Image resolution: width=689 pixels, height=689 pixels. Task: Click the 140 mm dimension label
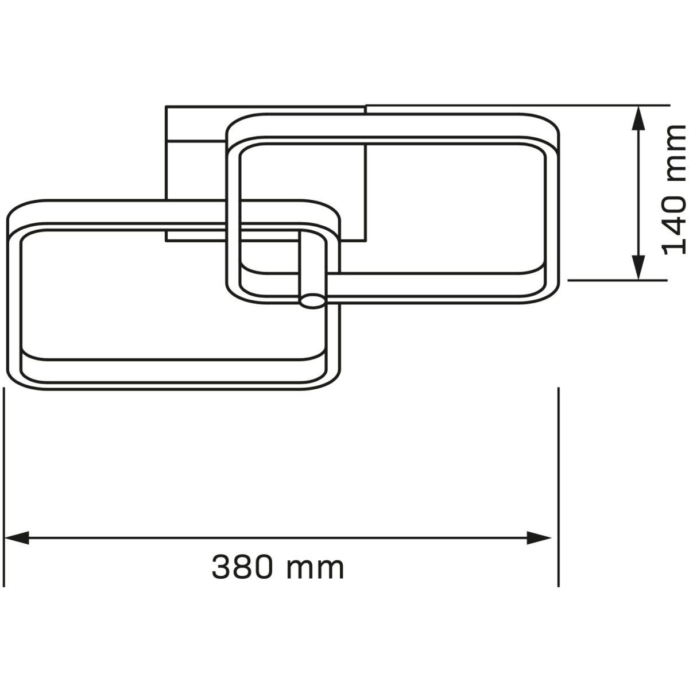pyautogui.click(x=674, y=190)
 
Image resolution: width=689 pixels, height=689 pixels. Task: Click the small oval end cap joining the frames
pyautogui.click(x=313, y=301)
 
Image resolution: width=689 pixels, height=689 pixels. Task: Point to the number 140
pyautogui.click(x=674, y=222)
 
